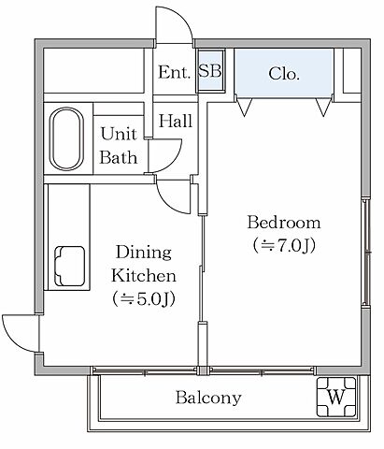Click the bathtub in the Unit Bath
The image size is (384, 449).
(x=66, y=138)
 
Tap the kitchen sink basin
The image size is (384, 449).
(x=70, y=266)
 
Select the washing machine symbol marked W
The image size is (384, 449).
(x=336, y=397)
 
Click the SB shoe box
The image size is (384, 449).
(x=210, y=71)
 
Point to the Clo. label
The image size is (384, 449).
(x=284, y=74)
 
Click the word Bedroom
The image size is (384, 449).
(x=284, y=223)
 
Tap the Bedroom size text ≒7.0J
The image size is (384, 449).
(x=284, y=245)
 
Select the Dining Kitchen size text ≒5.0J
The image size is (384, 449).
(x=144, y=299)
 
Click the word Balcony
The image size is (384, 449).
(x=208, y=398)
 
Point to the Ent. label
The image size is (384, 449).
(x=174, y=72)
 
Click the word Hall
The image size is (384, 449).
(x=176, y=121)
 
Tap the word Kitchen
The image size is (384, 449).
(x=144, y=276)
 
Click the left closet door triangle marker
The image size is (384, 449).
(x=245, y=107)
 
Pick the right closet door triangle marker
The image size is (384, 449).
(x=323, y=107)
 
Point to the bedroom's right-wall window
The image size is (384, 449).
(x=366, y=252)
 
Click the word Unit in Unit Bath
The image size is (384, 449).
(x=119, y=134)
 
